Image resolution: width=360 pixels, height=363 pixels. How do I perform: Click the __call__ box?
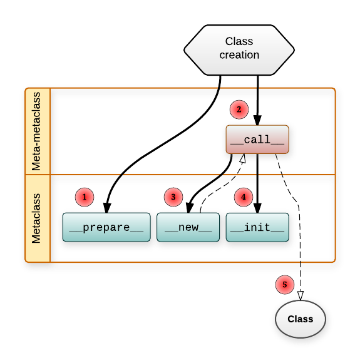point(257,140)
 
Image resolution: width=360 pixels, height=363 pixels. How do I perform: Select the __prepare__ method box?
point(106,228)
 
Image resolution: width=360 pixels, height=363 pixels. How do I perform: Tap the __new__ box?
point(188,228)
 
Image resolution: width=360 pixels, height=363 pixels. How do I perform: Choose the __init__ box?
point(257,228)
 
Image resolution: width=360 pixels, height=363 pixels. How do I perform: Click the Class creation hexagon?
point(239,49)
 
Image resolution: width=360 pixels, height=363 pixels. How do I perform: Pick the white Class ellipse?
point(301,319)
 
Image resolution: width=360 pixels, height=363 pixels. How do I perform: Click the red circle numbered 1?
point(85,197)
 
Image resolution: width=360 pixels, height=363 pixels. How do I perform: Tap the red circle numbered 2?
point(239,110)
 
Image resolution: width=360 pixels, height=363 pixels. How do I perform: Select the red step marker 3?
point(173,197)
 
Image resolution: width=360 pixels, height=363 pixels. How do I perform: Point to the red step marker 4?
point(244,197)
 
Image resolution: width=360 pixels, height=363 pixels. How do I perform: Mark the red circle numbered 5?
point(285,285)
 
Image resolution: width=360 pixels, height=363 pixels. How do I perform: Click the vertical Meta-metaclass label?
point(38,130)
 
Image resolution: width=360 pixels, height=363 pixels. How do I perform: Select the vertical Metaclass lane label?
point(38,218)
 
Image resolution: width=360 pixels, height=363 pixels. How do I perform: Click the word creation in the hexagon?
point(239,55)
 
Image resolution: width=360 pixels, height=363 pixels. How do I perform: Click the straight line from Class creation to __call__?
point(258,100)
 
